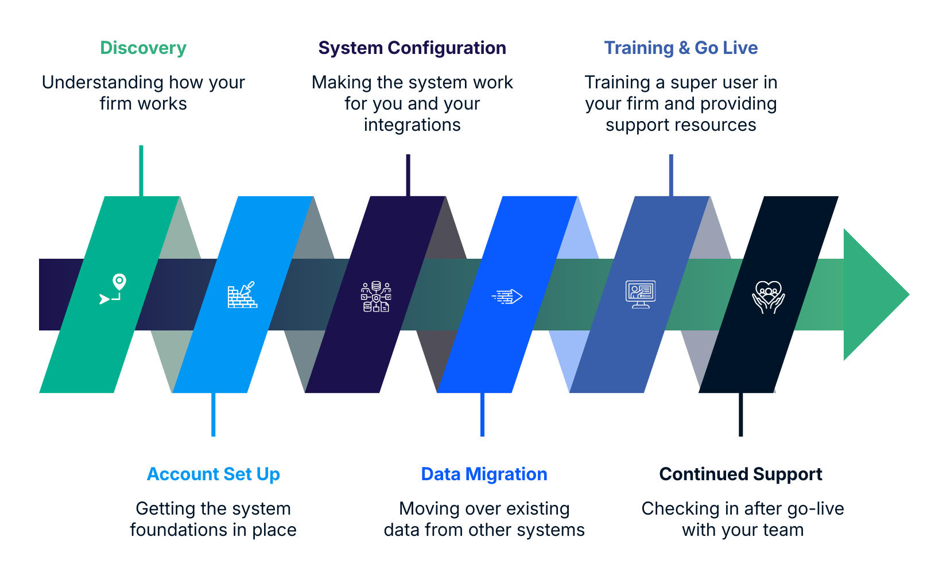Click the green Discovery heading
[142, 48]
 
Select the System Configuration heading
[411, 48]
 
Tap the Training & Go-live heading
[681, 49]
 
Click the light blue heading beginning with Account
[214, 474]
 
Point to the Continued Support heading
[739, 474]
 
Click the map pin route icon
[113, 289]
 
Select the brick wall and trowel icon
[242, 295]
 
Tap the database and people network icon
[376, 297]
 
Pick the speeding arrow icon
[507, 297]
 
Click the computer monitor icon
[640, 294]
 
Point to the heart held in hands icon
[768, 297]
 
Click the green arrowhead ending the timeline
[875, 294]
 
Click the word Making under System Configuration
[335, 84]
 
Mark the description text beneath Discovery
[142, 94]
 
